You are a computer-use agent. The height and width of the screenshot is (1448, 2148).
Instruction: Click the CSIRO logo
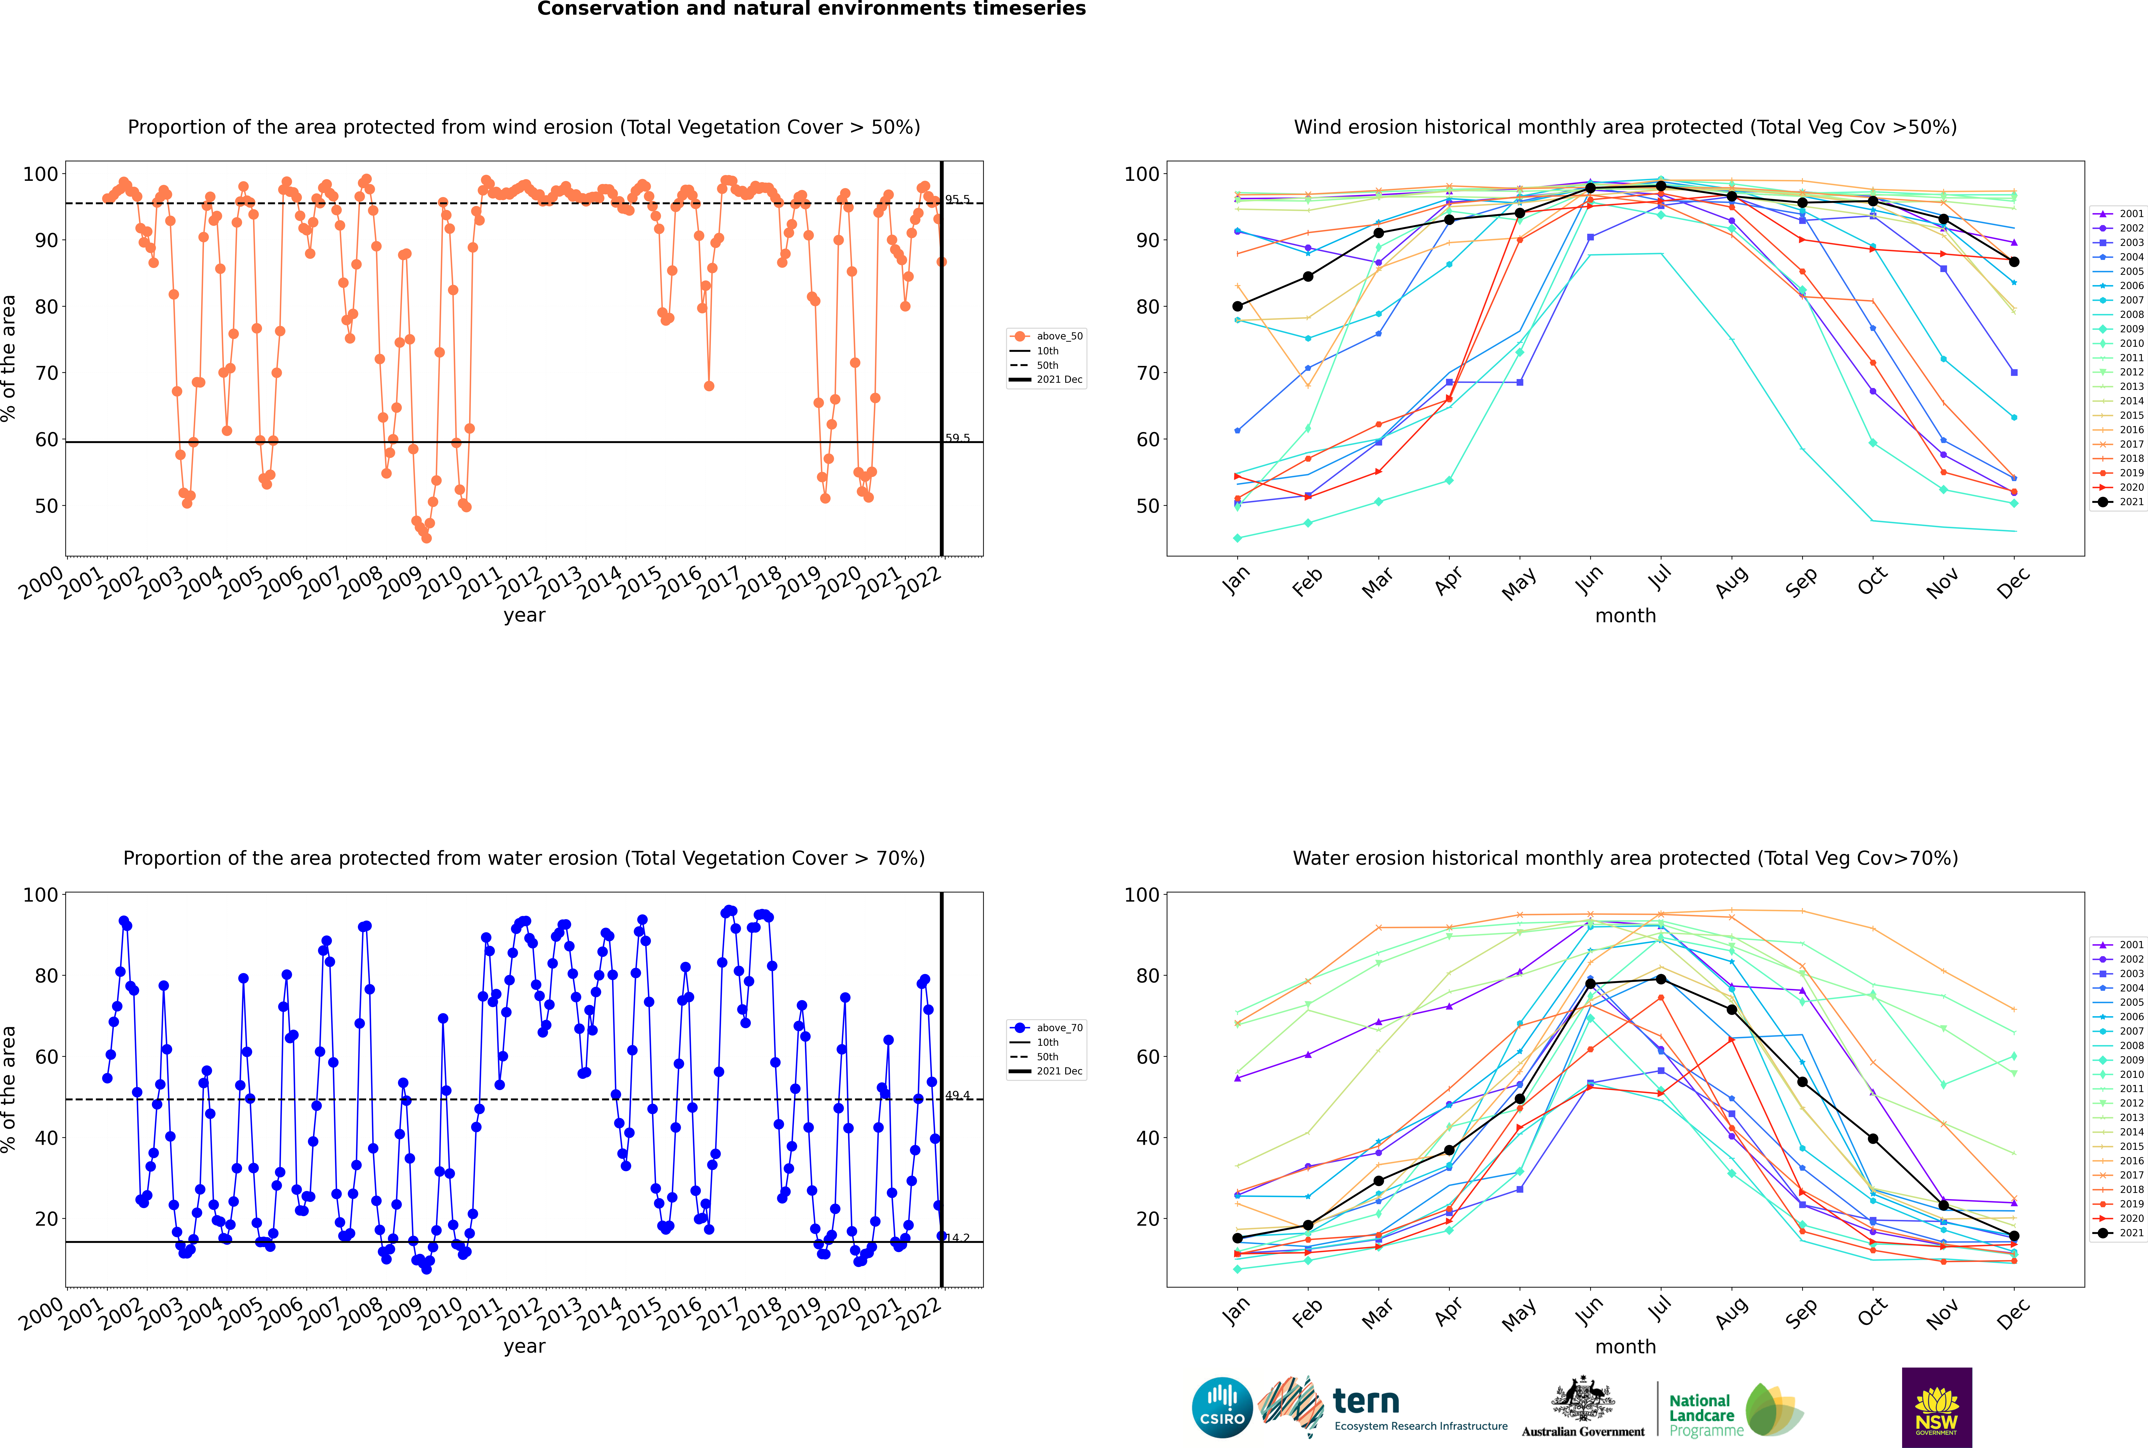click(x=1222, y=1407)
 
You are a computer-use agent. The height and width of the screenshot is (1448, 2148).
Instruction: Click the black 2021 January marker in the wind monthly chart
click(x=1238, y=307)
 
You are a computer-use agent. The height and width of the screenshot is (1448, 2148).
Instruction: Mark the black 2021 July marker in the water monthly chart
click(x=1660, y=979)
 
